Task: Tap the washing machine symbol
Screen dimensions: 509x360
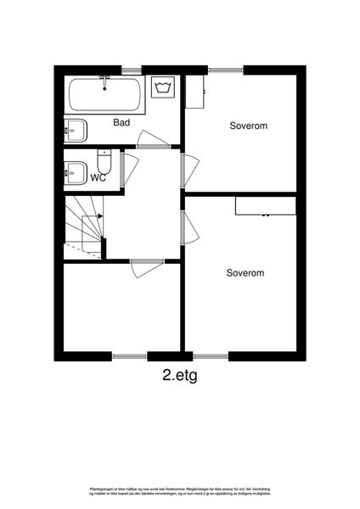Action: point(163,88)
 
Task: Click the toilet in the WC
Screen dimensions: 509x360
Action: point(104,161)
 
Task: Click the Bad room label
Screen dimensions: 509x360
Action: point(121,123)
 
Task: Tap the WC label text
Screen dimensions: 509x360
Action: point(98,178)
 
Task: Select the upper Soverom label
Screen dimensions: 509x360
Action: point(249,126)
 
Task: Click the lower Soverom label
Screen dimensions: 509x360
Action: point(245,273)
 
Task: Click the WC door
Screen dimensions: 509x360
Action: point(129,167)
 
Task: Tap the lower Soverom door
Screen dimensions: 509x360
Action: point(188,228)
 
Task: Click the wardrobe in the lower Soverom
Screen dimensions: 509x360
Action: point(265,206)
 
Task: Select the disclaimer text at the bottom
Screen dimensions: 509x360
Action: point(180,493)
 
